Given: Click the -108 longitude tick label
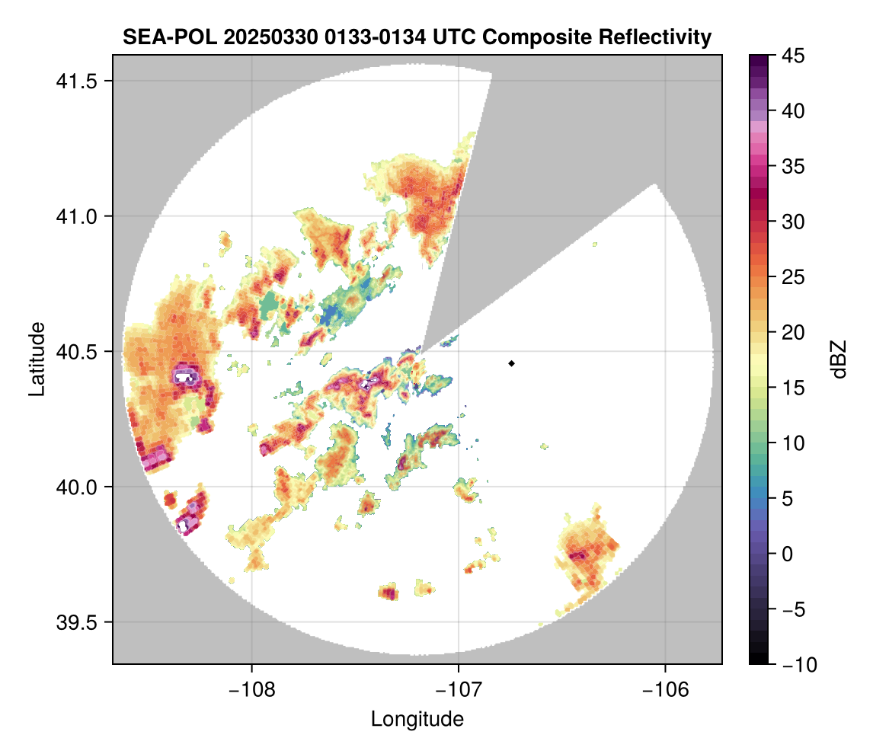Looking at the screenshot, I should pos(251,690).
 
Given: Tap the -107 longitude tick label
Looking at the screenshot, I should pos(459,690).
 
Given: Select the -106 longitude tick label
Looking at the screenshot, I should pos(666,690).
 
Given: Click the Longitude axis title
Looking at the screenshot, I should pos(417,718).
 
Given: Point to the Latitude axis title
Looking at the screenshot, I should pos(37,359).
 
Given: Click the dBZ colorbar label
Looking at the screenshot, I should pos(839,359).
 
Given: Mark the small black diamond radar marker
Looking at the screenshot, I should pos(512,363).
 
